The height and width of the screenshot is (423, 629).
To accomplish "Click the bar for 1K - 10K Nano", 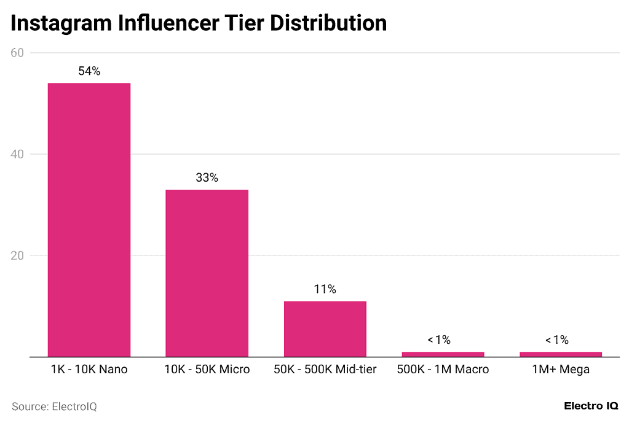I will (89, 219).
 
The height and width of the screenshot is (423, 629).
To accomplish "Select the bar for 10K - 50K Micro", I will (207, 273).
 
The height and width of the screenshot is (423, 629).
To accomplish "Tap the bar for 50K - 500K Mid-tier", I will (325, 328).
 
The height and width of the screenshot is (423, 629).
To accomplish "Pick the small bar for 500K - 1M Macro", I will (443, 354).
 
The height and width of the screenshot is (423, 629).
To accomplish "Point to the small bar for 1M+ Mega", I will (560, 354).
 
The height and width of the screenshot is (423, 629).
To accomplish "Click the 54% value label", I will (89, 71).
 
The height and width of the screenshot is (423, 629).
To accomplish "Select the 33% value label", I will (207, 178).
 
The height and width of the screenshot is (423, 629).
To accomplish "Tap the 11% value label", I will (325, 289).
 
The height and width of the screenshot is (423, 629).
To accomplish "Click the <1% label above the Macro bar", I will (439, 340).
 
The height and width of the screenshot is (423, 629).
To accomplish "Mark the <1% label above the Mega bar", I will (556, 340).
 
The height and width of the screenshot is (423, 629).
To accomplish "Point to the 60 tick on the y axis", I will (17, 53).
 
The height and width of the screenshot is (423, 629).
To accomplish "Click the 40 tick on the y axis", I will (17, 154).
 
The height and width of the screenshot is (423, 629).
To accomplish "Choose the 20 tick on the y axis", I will (17, 255).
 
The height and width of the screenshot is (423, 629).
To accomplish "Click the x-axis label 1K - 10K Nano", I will (89, 370).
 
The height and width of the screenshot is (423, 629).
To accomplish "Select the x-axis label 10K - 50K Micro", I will (207, 370).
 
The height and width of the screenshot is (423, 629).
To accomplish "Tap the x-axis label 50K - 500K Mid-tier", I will (325, 370).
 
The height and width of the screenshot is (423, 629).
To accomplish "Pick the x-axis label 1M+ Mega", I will (560, 370).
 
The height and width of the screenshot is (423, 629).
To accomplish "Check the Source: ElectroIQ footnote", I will (54, 406).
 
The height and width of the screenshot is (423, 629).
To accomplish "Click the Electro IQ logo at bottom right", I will (590, 406).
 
